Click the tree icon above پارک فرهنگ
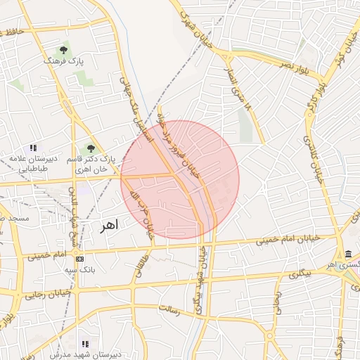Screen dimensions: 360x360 click(x=64, y=50)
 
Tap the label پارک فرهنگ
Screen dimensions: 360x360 click(x=64, y=62)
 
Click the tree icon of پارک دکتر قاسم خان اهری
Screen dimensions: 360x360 click(x=90, y=148)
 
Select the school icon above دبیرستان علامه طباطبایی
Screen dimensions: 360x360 click(x=33, y=148)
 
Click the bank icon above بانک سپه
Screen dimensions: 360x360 click(x=79, y=259)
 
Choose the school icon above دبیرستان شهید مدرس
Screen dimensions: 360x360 click(x=85, y=344)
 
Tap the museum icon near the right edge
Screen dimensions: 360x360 click(x=349, y=254)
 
